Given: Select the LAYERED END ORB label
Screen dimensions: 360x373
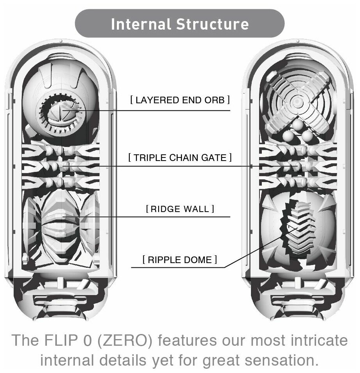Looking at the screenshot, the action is point(180,100).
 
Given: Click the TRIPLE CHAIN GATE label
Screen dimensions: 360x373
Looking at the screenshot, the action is point(180,158).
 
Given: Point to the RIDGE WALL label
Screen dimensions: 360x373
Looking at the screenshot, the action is point(180,209).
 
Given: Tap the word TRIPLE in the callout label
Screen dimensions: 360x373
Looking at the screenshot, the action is point(149,158).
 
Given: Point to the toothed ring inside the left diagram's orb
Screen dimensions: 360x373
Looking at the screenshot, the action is point(60,113).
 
